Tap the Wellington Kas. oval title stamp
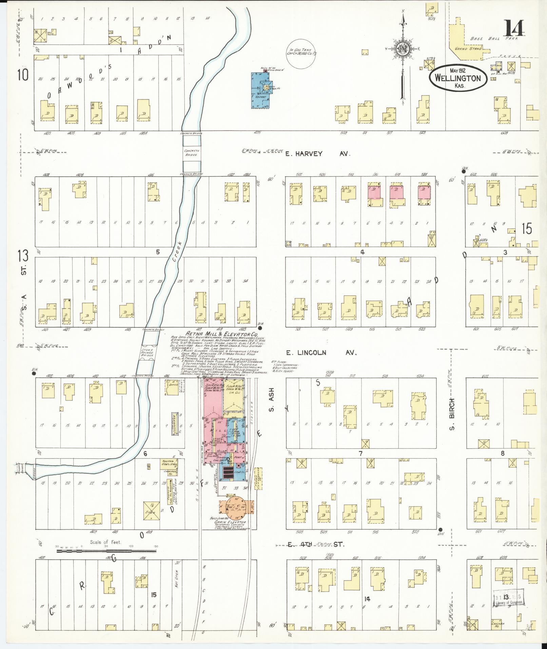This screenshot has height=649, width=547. pyautogui.click(x=457, y=78)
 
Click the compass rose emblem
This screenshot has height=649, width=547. pyautogui.click(x=403, y=49)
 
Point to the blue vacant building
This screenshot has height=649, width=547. pyautogui.click(x=259, y=90)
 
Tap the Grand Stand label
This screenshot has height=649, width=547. pyautogui.click(x=468, y=49)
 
